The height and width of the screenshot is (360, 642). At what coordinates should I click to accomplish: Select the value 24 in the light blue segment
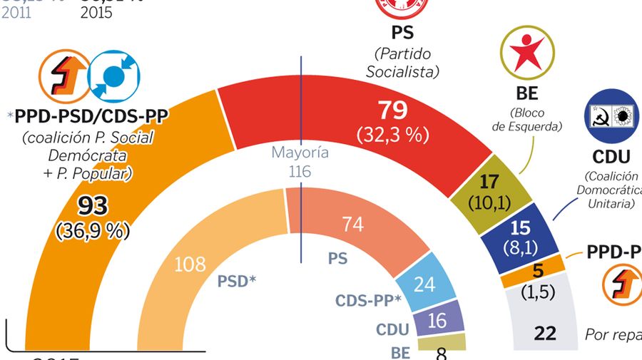(424, 284)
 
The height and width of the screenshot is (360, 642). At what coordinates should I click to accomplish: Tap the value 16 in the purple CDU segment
(437, 322)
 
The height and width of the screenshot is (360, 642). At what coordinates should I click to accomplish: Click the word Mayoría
(300, 153)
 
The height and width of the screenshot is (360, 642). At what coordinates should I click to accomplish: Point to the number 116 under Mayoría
(300, 171)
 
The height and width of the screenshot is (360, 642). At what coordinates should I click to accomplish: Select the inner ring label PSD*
(237, 281)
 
